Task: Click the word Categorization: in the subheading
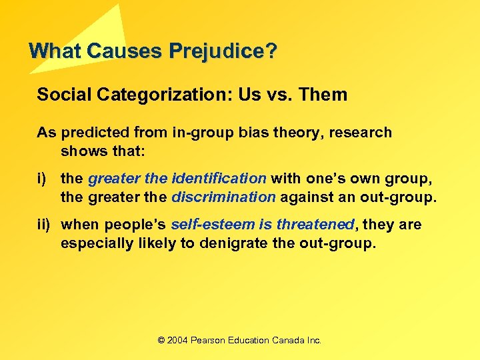point(145,95)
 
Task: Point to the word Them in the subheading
point(324,95)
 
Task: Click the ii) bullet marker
point(43,225)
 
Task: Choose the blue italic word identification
point(219,178)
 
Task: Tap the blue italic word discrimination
point(223,197)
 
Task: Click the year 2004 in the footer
point(178,340)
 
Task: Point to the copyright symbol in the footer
point(161,340)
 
